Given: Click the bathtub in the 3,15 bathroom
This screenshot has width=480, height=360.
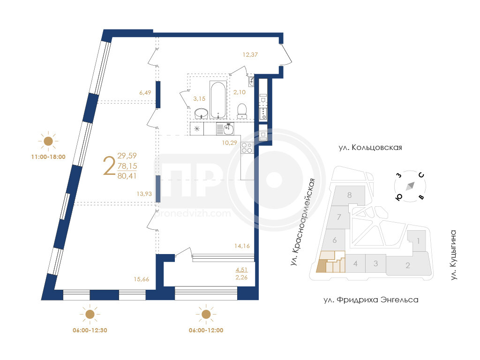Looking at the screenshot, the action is [x=218, y=99].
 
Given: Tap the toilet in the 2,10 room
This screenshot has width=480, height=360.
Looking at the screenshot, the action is [x=242, y=111].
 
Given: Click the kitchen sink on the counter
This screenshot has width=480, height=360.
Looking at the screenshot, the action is [x=228, y=129].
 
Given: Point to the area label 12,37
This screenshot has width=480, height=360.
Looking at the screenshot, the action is [x=250, y=55].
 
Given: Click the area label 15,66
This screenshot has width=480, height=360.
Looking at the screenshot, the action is [x=142, y=279].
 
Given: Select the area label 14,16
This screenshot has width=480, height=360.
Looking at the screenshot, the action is [x=242, y=246].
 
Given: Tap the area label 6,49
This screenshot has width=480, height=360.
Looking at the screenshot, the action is [x=145, y=92].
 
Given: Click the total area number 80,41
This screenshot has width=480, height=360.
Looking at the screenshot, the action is [x=127, y=176].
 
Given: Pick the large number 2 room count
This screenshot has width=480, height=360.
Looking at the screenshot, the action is [x=109, y=165].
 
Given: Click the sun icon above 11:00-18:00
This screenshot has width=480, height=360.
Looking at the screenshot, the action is [x=48, y=141].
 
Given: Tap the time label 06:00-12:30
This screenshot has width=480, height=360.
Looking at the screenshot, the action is [x=90, y=330].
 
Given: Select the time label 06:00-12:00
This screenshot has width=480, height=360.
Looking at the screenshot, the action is [x=206, y=330].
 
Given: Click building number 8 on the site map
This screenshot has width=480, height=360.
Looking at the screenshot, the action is [x=350, y=195].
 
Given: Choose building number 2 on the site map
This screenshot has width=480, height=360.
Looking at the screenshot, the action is [x=408, y=265].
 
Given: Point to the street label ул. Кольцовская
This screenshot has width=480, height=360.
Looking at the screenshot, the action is [x=370, y=148].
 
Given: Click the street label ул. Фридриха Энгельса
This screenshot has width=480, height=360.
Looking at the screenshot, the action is [x=371, y=300].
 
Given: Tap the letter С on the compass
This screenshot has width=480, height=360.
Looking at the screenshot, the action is [x=421, y=175].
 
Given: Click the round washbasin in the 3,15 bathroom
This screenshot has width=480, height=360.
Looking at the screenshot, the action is [x=201, y=113].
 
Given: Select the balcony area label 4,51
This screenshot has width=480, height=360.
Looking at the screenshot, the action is [x=241, y=270].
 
